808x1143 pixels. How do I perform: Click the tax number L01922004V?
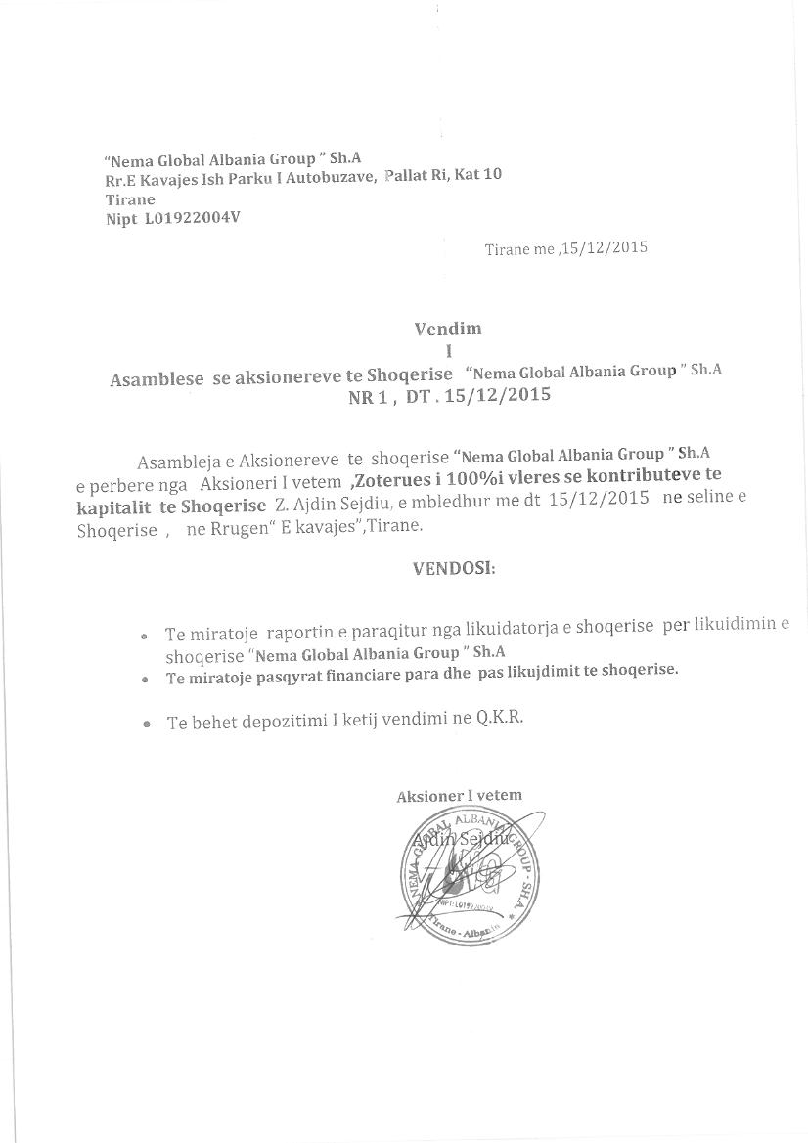192,218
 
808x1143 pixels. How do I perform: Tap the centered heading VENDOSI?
454,568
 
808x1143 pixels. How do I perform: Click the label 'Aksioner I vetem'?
459,796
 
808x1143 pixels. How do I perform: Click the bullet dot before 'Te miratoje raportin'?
144,635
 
